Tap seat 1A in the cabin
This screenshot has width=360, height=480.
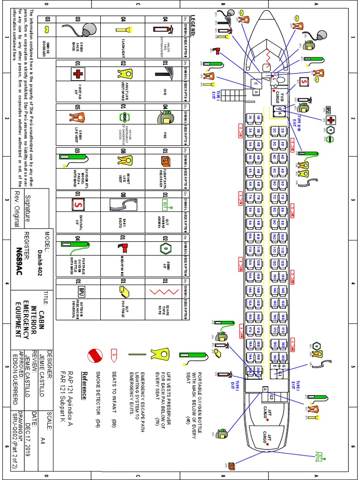251,119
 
